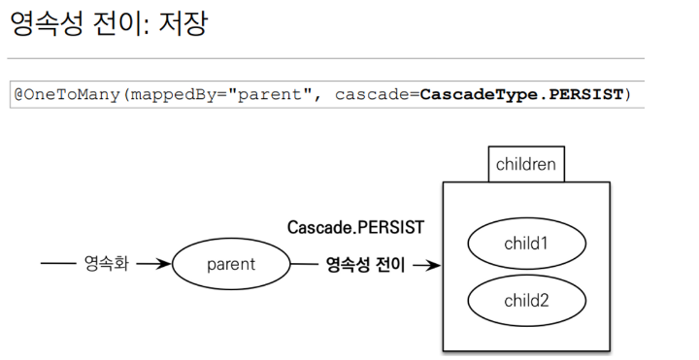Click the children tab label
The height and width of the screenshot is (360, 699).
coord(526,164)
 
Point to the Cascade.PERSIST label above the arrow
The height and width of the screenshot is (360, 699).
coord(355,227)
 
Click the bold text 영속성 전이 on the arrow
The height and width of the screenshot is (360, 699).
coord(366,265)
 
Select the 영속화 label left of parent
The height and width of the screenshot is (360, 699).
coord(107,263)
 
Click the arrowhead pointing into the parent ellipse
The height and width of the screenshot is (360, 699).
coord(165,264)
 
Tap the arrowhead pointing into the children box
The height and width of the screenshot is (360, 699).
coord(435,266)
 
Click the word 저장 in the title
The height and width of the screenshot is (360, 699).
coord(183,23)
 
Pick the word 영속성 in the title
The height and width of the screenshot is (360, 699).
coord(47,23)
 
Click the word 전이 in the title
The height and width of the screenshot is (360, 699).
coord(118,23)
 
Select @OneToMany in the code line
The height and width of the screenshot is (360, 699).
coord(67,94)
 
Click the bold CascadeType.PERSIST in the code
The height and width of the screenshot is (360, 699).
coord(521,94)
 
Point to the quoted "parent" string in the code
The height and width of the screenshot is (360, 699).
coord(269,94)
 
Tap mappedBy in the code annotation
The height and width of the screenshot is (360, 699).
coord(174,95)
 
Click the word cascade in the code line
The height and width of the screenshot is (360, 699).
coord(372,94)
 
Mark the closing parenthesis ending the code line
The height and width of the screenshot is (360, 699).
coord(628,94)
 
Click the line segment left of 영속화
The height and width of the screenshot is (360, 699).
coord(58,263)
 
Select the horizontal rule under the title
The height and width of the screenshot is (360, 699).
coord(326,58)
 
